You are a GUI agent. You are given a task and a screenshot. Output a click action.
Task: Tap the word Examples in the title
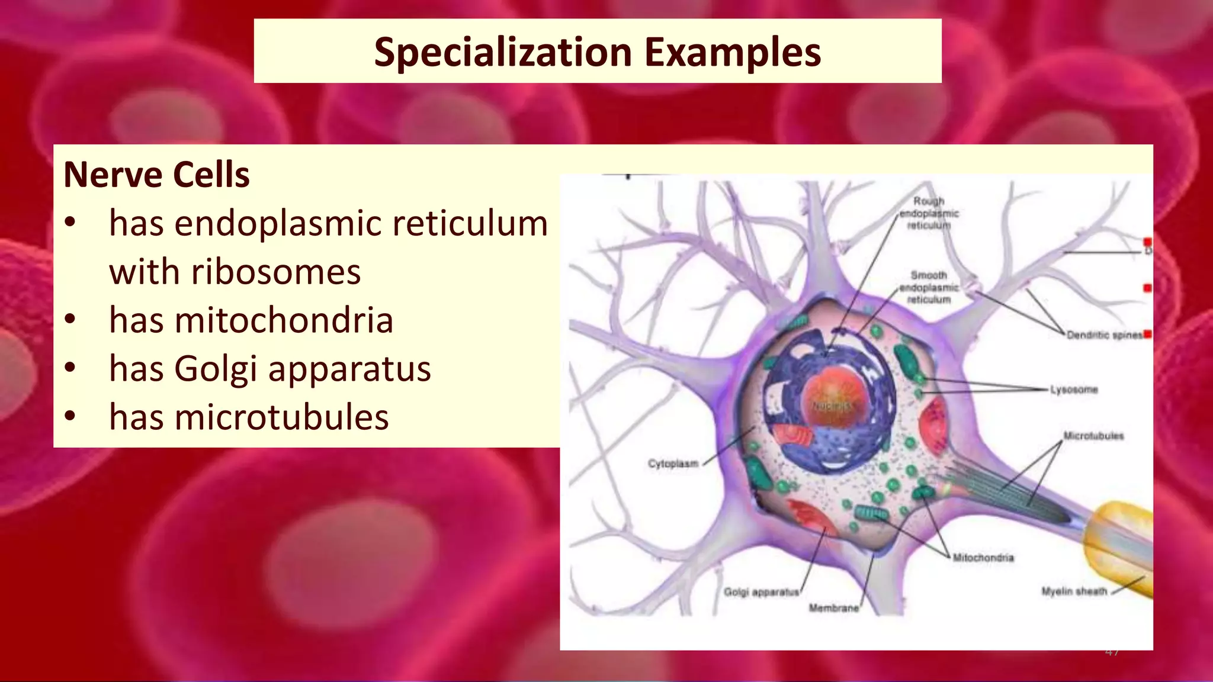(x=733, y=52)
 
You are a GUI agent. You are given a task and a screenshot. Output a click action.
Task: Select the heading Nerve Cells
(x=156, y=175)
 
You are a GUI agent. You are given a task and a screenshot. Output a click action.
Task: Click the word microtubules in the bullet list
(x=281, y=417)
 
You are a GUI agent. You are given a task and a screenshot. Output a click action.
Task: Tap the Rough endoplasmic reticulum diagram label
(x=928, y=213)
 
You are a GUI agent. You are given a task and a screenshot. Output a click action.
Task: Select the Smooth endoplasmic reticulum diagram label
(x=928, y=287)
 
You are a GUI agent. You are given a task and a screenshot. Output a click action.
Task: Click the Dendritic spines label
(x=1104, y=335)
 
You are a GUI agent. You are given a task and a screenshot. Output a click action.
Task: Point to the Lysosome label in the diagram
(x=1074, y=390)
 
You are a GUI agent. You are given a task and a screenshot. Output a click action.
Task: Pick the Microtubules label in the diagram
(x=1093, y=436)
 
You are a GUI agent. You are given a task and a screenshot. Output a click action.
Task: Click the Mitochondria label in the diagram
(x=983, y=558)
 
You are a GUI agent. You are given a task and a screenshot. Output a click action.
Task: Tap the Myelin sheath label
(x=1074, y=591)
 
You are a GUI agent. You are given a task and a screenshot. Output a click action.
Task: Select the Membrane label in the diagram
(x=833, y=608)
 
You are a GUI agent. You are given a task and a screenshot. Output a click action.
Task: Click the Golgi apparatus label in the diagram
(x=761, y=592)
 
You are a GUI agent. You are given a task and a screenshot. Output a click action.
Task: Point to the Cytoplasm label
(x=673, y=464)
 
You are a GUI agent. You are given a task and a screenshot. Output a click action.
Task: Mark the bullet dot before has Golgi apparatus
(x=70, y=368)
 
